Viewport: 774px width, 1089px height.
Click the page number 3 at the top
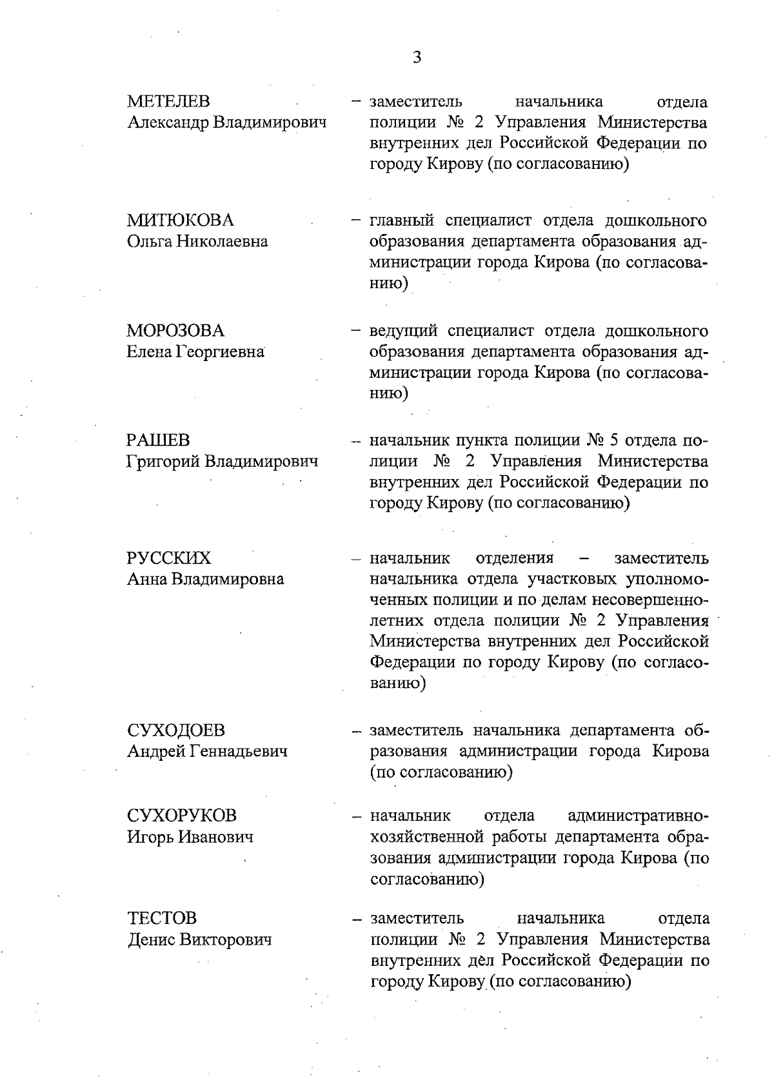coord(417,58)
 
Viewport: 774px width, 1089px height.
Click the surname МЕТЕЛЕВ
coord(168,102)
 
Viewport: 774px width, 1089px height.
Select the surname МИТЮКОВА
coord(180,221)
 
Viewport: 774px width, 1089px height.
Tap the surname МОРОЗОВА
coord(175,331)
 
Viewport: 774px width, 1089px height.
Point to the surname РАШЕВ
coord(158,441)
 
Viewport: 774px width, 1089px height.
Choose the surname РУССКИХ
coord(169,558)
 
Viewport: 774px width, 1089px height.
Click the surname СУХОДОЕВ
coord(176,731)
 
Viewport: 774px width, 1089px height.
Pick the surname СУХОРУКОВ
coord(182,816)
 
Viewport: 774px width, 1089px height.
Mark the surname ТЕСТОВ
coord(162,918)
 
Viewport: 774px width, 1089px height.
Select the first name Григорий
coord(163,462)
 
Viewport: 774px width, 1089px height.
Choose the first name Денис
coord(151,939)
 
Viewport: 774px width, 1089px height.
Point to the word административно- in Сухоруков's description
coord(639,816)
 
